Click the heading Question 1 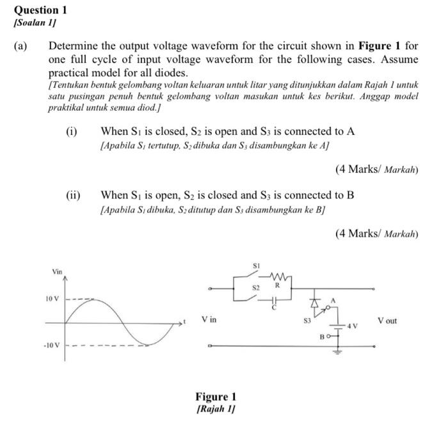40,10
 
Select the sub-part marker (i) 72,131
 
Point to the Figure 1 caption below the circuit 216,397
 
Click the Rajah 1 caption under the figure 216,409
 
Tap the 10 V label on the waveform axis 52,299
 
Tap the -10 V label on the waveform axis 52,346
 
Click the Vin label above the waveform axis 57,272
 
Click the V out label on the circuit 387,320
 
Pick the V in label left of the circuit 209,319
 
